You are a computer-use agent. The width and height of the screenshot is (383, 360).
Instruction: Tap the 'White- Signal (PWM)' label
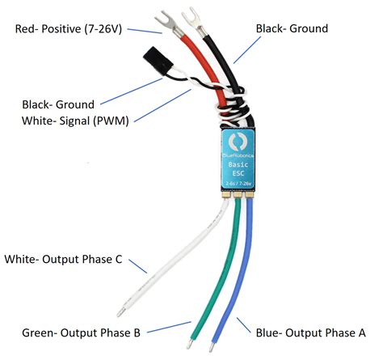[76, 121]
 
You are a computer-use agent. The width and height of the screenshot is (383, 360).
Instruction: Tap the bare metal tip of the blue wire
[212, 346]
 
